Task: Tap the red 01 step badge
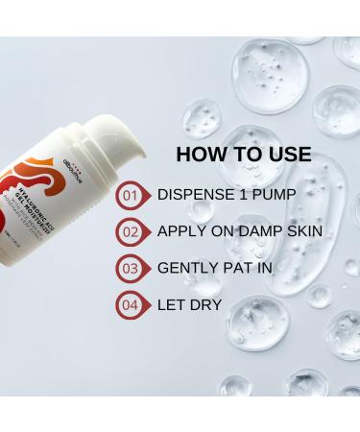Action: coord(129,196)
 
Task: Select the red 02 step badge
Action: coord(129,231)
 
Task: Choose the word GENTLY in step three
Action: coord(187,268)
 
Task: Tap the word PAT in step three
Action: coord(239,268)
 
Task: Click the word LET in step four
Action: coord(171,303)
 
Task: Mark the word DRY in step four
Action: coord(206,303)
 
